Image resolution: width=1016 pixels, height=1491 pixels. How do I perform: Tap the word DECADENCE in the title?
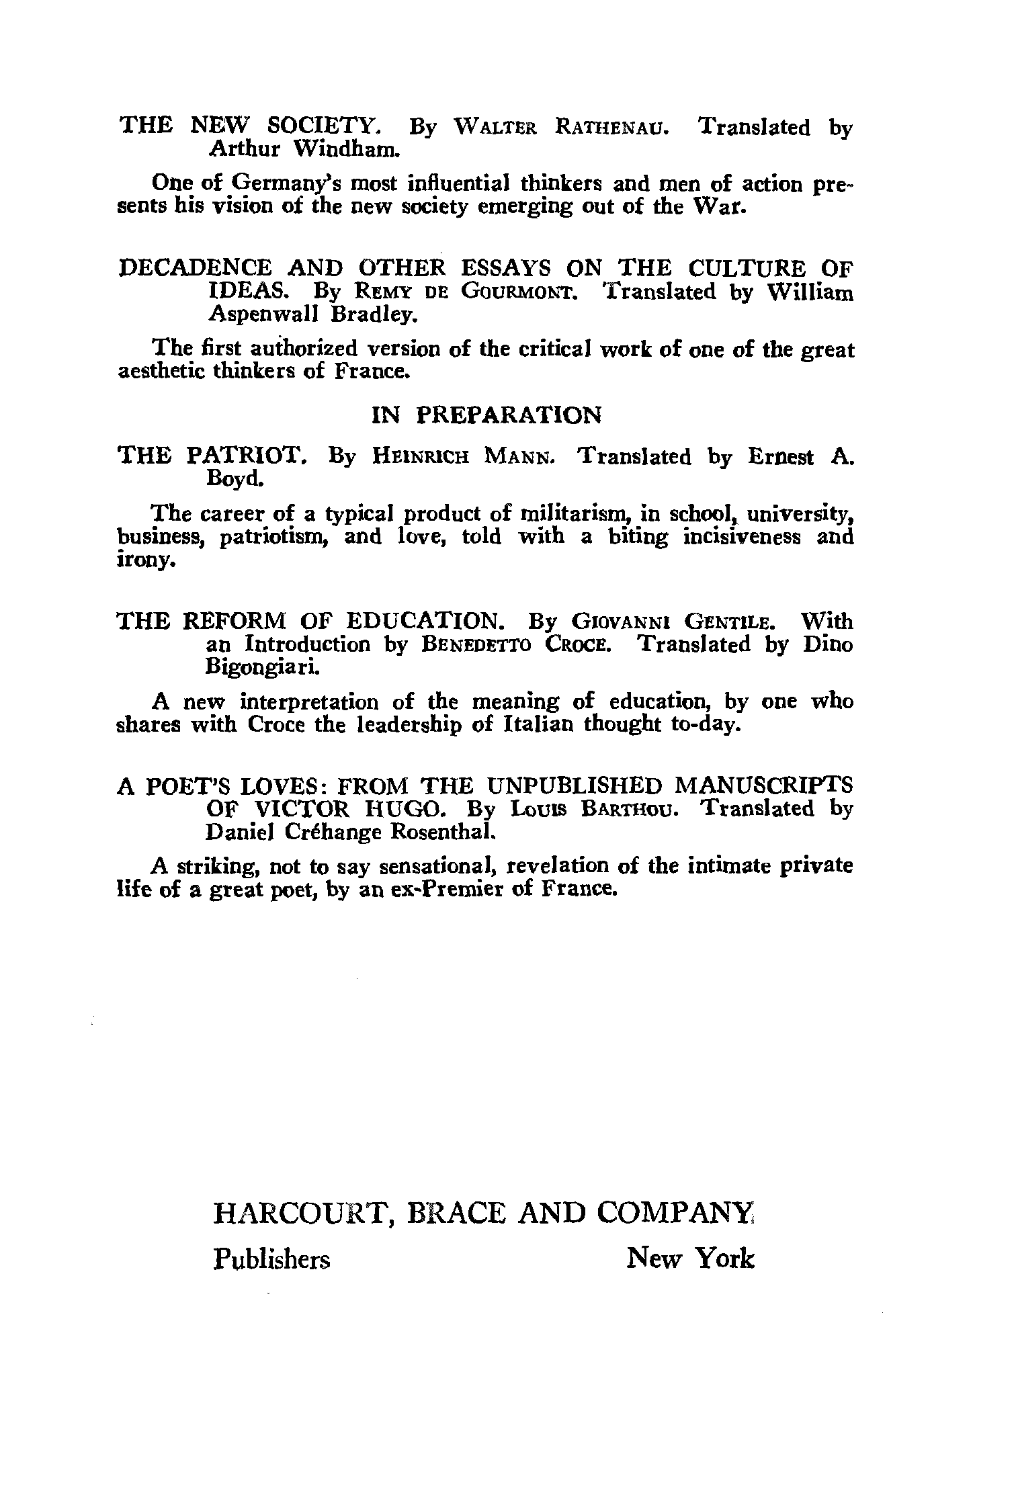(195, 269)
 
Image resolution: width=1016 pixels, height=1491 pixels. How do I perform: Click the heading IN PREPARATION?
(486, 416)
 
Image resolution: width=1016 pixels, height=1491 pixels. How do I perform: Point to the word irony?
(146, 562)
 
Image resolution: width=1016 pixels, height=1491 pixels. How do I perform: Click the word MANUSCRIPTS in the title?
(763, 785)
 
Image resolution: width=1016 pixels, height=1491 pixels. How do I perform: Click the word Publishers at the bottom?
(271, 1259)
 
